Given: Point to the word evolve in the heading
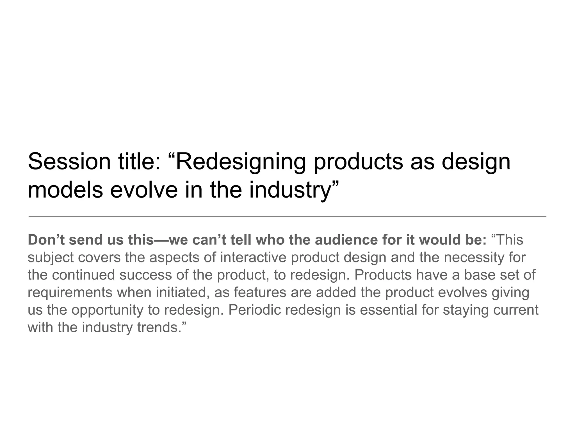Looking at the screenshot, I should tap(144, 190).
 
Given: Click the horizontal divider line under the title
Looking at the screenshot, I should tap(287, 216).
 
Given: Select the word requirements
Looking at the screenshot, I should tap(70, 293).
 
